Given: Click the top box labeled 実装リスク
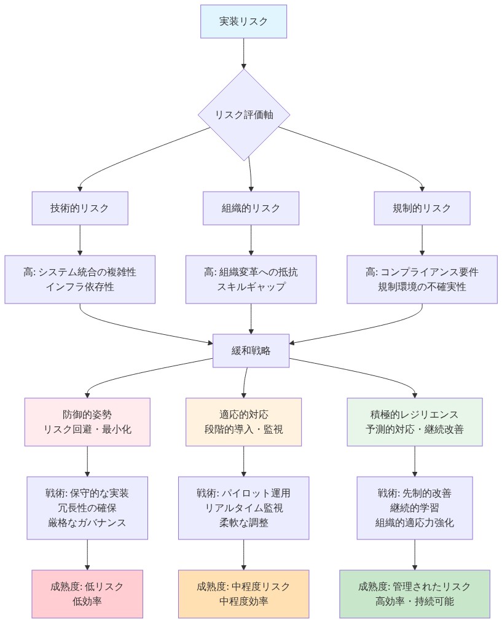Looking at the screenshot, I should pos(244,22).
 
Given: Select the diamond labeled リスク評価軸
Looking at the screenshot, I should pos(244,115).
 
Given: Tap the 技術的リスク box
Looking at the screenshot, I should pos(80,208).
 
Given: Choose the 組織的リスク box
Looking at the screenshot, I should pos(251,208).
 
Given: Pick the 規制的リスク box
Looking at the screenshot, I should pos(422,208).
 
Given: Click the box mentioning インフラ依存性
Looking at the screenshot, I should pos(80,280).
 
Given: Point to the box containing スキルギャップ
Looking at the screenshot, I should pos(251,280).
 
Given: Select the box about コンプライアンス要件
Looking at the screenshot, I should pos(422,280).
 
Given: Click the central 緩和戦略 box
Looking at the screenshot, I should pos(251,351).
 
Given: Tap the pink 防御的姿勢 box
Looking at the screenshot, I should pos(87,422).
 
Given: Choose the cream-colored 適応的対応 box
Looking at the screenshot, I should pos(244,422).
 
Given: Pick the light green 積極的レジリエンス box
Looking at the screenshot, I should pos(415,422).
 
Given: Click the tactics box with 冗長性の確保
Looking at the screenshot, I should pos(87,508).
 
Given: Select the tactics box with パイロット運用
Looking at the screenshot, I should pos(244,508).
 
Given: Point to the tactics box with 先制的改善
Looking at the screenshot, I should pos(415,508).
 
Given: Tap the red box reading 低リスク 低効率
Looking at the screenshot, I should pos(87,594).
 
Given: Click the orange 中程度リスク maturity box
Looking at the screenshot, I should pos(244,594).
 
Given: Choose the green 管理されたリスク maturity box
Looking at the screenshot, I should pos(415,594).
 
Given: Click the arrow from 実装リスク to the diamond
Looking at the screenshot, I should pos(244,53).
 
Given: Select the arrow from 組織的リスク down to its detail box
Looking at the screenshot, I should pos(251,240).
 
